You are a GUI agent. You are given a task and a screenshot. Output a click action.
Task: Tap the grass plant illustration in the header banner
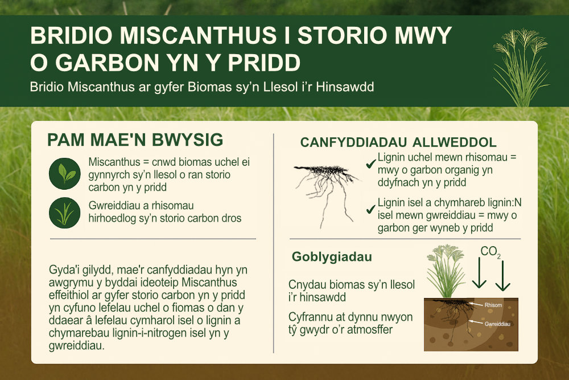click(x=521, y=68)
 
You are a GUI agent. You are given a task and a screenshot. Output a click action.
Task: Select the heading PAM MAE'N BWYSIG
click(x=135, y=140)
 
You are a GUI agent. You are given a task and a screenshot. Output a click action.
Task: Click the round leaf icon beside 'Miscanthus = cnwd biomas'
click(x=65, y=174)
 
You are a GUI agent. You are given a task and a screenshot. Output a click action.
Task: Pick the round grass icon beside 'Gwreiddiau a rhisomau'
click(x=65, y=213)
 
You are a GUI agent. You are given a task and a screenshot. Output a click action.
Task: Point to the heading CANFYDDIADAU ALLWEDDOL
click(x=398, y=142)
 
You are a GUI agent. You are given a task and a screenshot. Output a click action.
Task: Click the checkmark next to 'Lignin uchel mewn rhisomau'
click(x=370, y=164)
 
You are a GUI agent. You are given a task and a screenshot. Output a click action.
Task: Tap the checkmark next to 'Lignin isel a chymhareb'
click(x=370, y=209)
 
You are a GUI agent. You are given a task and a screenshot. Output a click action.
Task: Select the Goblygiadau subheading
click(x=332, y=257)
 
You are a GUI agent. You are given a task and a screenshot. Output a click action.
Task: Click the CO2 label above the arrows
click(x=490, y=251)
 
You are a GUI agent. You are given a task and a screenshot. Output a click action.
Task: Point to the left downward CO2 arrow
click(x=479, y=273)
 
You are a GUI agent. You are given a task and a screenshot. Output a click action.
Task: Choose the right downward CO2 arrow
click(x=502, y=276)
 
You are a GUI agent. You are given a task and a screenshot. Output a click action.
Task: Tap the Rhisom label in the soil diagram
click(x=493, y=305)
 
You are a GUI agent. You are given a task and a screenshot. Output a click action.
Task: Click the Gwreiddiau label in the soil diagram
click(x=497, y=324)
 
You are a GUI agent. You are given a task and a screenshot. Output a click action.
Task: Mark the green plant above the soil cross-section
click(x=446, y=271)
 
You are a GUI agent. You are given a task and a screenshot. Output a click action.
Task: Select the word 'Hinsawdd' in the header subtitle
click(x=345, y=87)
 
